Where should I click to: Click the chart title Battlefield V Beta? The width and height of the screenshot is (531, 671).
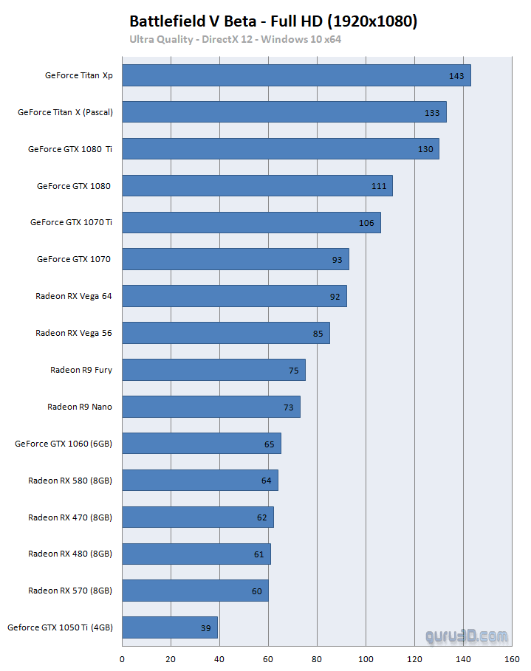tap(273, 21)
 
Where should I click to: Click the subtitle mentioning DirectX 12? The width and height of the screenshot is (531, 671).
tap(235, 39)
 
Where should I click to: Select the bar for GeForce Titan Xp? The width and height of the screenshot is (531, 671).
tap(295, 75)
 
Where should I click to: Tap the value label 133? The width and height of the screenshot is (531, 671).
tap(432, 113)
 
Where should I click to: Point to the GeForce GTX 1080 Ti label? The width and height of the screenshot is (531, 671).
tap(71, 149)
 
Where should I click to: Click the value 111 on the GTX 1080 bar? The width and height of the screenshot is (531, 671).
tap(379, 186)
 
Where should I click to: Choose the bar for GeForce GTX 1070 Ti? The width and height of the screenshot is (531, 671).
tap(251, 222)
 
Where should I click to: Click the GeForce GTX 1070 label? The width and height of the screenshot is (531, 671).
tap(74, 259)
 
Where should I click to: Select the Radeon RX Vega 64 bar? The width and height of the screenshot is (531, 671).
tap(234, 296)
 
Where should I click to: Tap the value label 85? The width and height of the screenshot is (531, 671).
tap(318, 334)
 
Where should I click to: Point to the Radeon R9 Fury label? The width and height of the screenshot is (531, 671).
tap(81, 370)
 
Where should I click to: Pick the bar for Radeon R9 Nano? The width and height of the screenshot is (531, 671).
tap(210, 407)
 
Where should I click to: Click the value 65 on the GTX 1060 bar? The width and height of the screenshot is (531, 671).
tap(269, 444)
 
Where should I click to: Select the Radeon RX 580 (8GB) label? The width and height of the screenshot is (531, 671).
tap(70, 481)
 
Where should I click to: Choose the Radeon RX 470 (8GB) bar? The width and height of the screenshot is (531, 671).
tap(197, 517)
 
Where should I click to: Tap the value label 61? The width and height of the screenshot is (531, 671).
tap(259, 554)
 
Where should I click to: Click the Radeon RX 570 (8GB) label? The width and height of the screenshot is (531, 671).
tap(70, 591)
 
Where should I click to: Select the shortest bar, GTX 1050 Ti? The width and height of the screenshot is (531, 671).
tap(169, 627)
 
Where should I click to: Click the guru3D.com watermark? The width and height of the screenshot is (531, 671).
tap(466, 636)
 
